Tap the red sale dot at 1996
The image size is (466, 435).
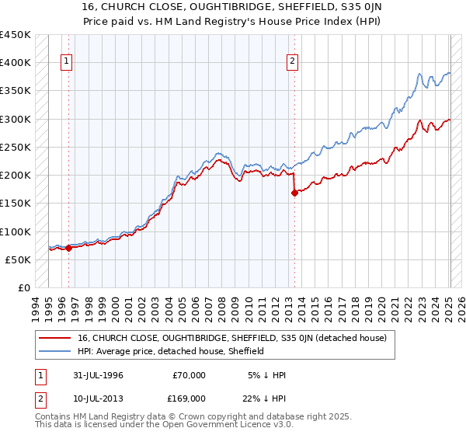point(68,249)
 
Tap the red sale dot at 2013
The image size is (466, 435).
point(294,193)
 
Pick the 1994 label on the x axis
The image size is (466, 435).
point(35,306)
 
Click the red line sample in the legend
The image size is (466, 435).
point(55,338)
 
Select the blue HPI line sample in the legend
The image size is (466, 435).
point(55,351)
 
